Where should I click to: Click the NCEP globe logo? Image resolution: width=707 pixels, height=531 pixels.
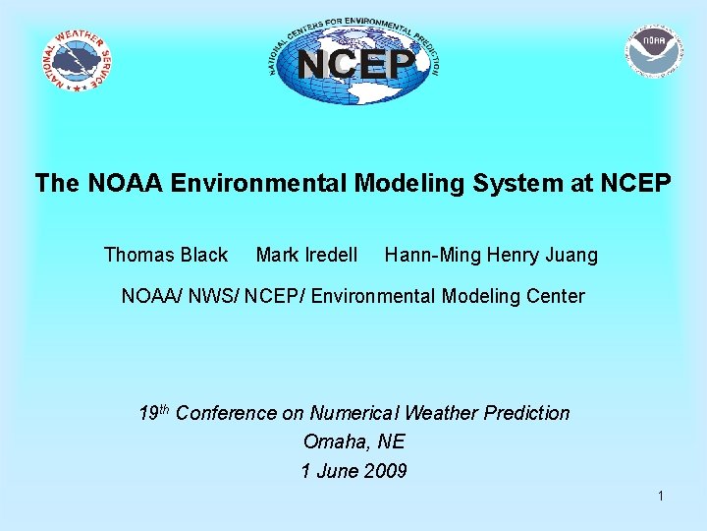pos(354,62)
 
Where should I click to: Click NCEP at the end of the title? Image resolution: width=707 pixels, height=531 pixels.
pos(637,183)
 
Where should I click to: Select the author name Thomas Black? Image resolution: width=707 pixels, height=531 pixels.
pos(165,256)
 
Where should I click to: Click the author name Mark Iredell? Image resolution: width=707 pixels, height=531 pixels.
pos(306,256)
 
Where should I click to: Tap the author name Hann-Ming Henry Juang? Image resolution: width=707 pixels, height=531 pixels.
pos(491,256)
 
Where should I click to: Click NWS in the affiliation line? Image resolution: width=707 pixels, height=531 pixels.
pos(209,296)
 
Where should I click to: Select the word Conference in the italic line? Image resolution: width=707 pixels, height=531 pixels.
pos(226,413)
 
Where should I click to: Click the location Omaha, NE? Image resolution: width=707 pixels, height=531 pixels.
pos(353,442)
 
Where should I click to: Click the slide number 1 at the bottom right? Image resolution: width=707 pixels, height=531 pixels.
pos(661,497)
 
